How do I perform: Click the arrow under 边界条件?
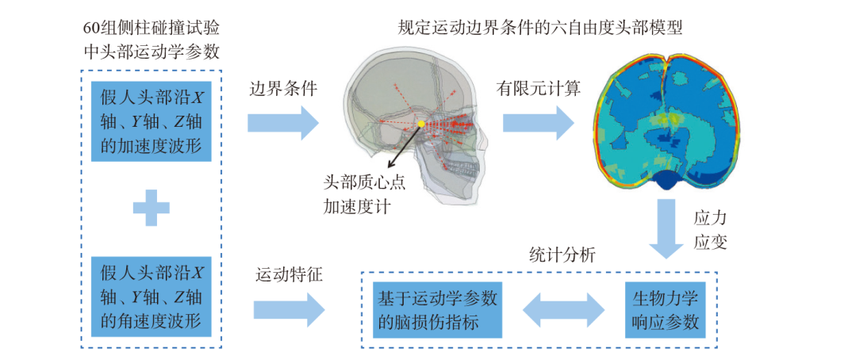(x=282, y=122)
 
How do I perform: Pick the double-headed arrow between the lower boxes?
(x=565, y=309)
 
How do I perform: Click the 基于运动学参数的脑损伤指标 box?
(x=437, y=309)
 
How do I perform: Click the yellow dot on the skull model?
(x=421, y=125)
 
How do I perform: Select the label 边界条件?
(x=282, y=90)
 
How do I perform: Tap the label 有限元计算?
(x=539, y=90)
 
